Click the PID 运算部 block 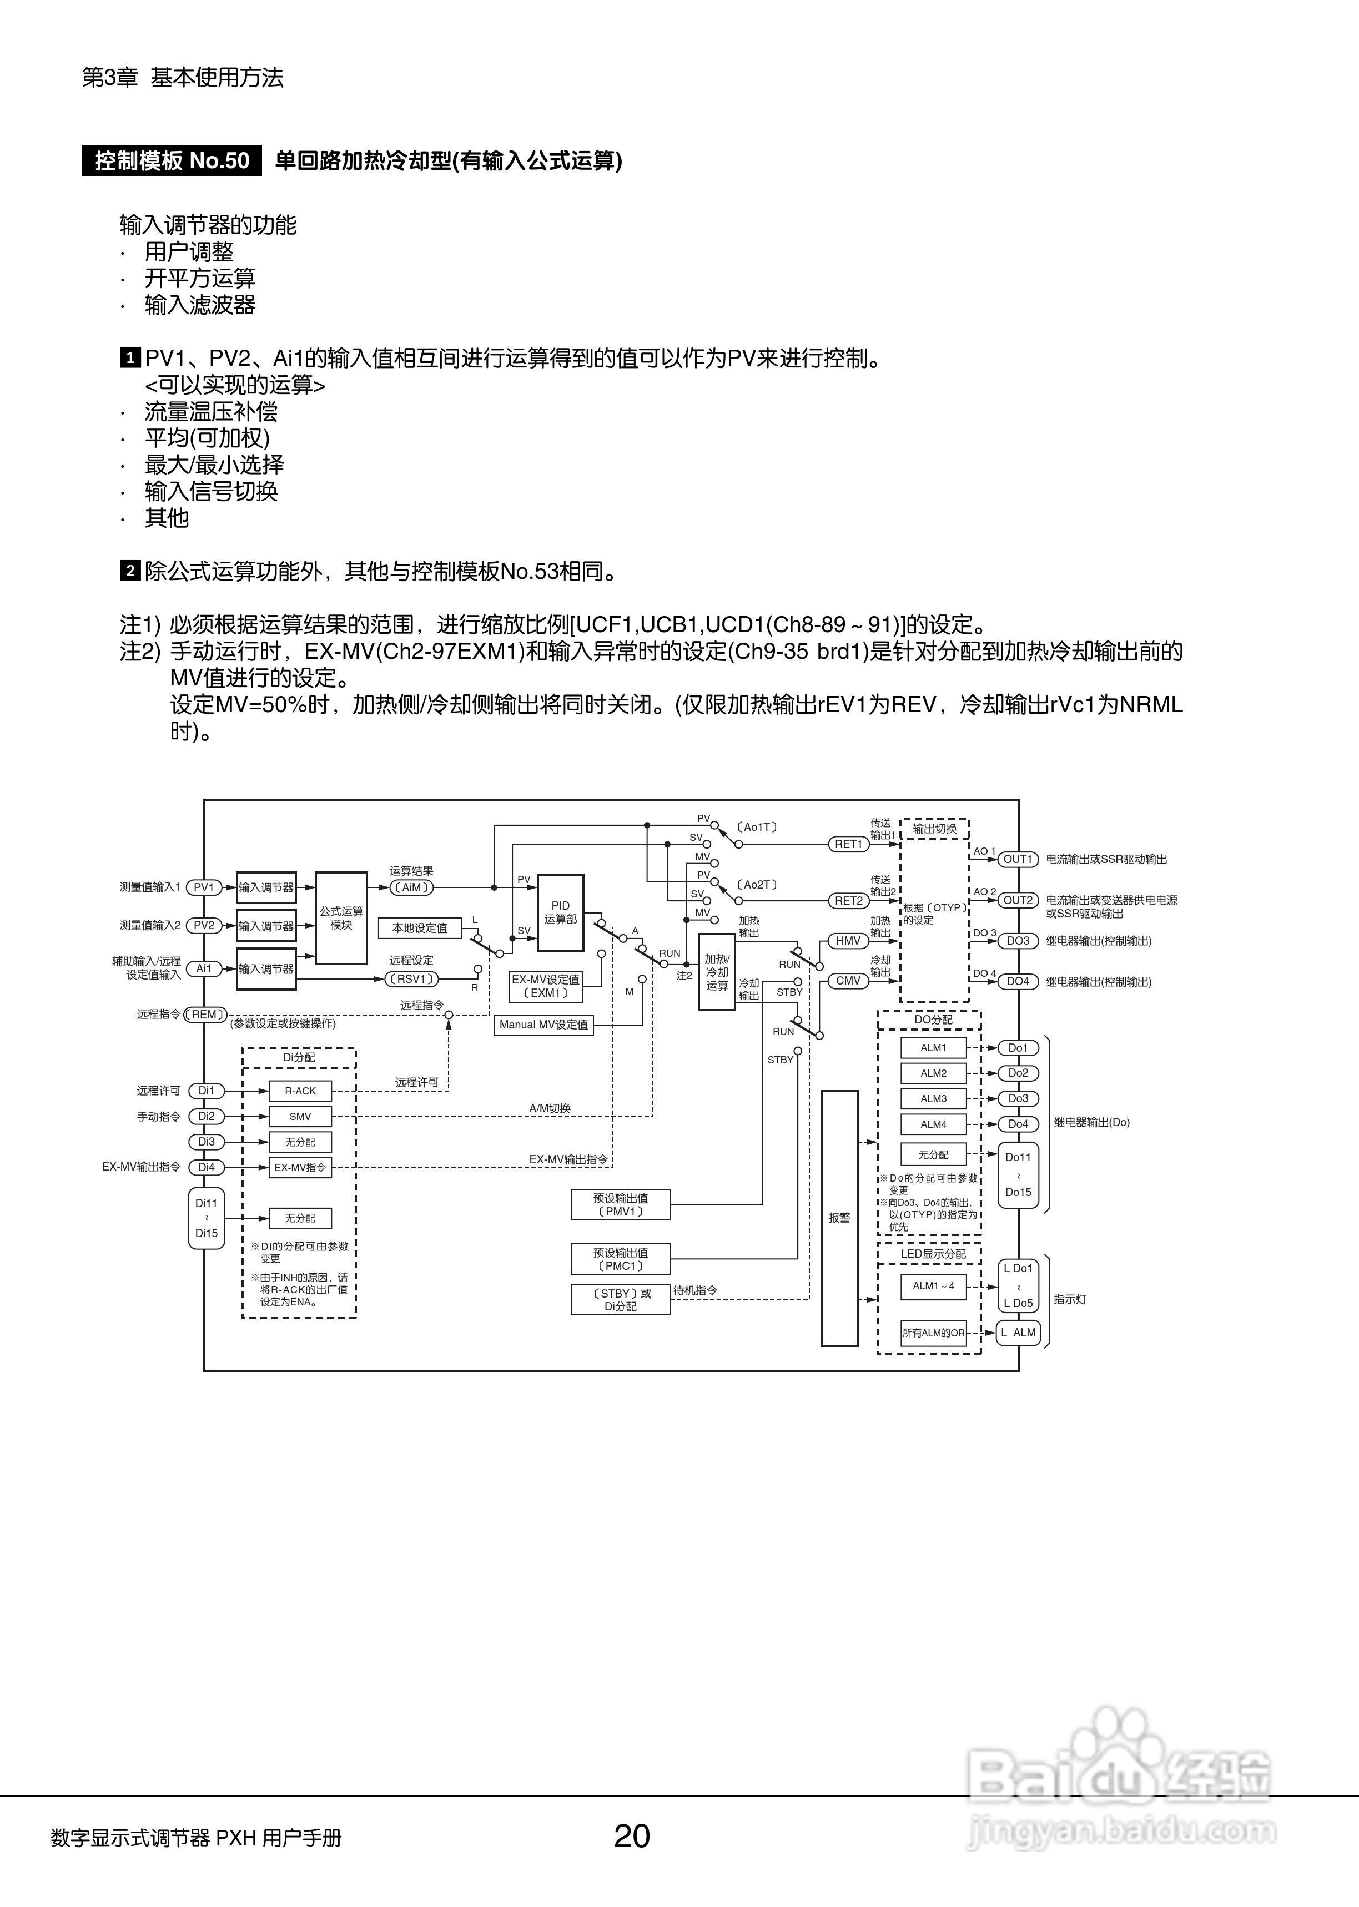click(x=560, y=912)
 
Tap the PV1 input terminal click(x=203, y=886)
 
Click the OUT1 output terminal click(x=1018, y=859)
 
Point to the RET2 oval click(x=848, y=901)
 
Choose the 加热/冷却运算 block click(x=716, y=972)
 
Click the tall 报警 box click(x=839, y=1218)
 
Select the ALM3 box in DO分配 click(x=933, y=1099)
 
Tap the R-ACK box click(x=300, y=1091)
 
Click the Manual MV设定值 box click(x=544, y=1025)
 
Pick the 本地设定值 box click(x=420, y=927)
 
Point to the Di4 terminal click(x=206, y=1167)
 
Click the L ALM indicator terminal click(x=1018, y=1333)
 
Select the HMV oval click(x=848, y=941)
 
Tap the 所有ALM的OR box click(x=933, y=1333)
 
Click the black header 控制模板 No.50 click(x=172, y=160)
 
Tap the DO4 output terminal click(x=1018, y=981)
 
